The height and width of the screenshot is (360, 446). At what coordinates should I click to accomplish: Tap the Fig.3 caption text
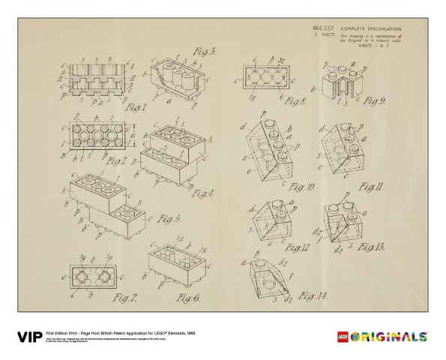click(204, 52)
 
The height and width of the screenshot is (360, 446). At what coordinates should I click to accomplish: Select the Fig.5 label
click(169, 218)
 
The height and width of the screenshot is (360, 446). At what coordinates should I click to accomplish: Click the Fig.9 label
click(374, 100)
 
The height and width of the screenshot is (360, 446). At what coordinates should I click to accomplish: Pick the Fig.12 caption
click(298, 247)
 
